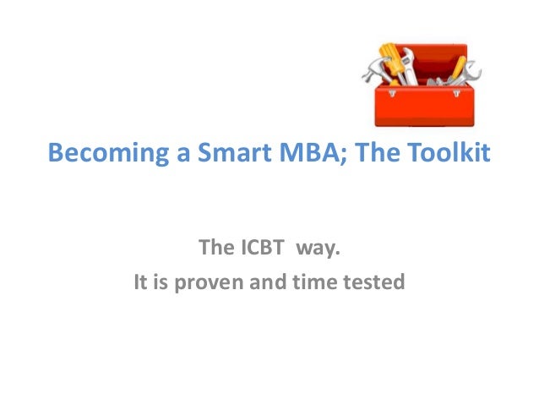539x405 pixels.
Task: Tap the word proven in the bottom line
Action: (210, 281)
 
